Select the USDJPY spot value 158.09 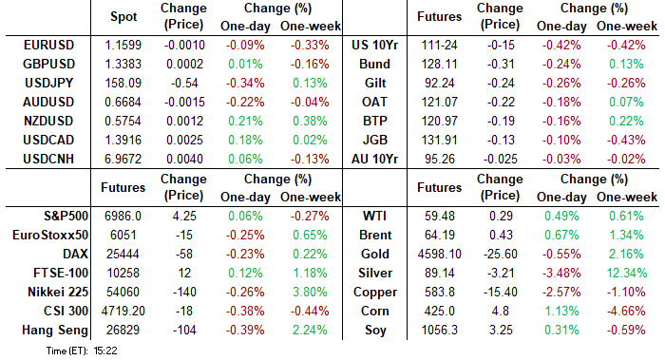pyautogui.click(x=123, y=83)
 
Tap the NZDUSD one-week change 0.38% pyautogui.click(x=310, y=121)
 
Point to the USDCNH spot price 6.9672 pyautogui.click(x=123, y=159)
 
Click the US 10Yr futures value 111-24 pyautogui.click(x=439, y=45)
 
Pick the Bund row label pyautogui.click(x=374, y=64)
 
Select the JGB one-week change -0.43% pyautogui.click(x=626, y=140)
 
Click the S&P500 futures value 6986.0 pyautogui.click(x=123, y=216)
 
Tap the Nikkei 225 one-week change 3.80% pyautogui.click(x=310, y=292)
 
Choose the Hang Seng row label pyautogui.click(x=55, y=330)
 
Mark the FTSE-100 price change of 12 pyautogui.click(x=184, y=273)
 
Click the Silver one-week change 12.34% pyautogui.click(x=627, y=273)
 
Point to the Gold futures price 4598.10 pyautogui.click(x=439, y=254)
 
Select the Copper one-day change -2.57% pyautogui.click(x=561, y=292)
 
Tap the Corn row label pyautogui.click(x=374, y=311)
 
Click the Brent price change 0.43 pyautogui.click(x=501, y=235)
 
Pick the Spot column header pyautogui.click(x=123, y=17)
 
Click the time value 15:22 pyautogui.click(x=105, y=351)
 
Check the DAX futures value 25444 pyautogui.click(x=123, y=254)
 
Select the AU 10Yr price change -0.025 pyautogui.click(x=501, y=159)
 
